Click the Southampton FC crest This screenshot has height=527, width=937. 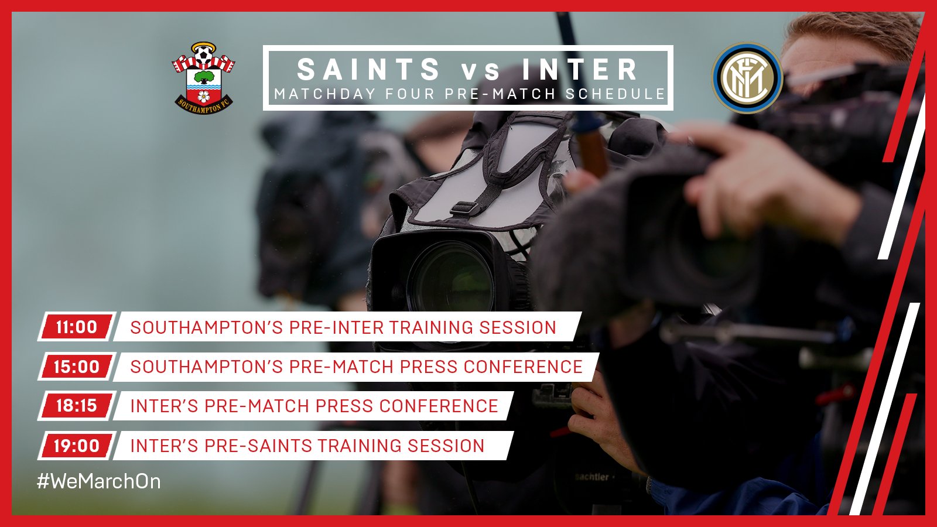[x=203, y=78]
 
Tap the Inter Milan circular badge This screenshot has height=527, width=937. [x=747, y=78]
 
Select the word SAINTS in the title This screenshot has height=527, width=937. [x=368, y=69]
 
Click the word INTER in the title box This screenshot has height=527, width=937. [x=580, y=69]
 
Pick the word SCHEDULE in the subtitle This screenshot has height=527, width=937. [x=615, y=94]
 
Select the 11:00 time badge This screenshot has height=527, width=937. [x=77, y=327]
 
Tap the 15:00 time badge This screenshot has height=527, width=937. [x=77, y=367]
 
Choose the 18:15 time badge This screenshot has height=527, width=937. [x=77, y=406]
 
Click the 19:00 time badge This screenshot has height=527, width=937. [x=77, y=446]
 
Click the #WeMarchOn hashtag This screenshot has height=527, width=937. [x=99, y=481]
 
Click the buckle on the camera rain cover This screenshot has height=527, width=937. [x=465, y=208]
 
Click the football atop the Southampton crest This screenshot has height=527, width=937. [x=204, y=54]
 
